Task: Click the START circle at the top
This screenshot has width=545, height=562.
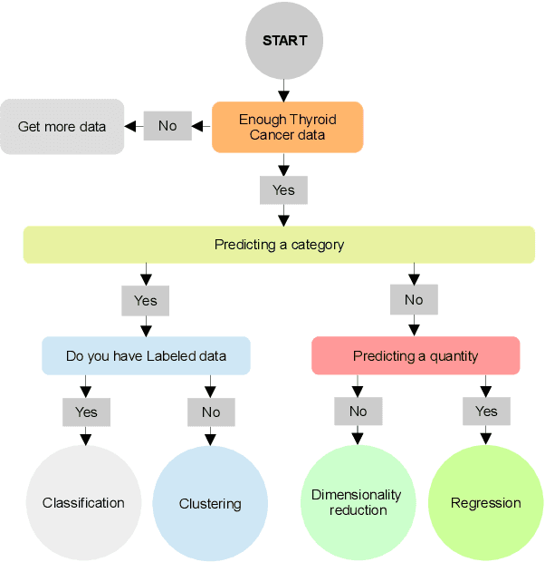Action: click(284, 41)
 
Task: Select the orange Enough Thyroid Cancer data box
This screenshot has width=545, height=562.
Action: click(287, 127)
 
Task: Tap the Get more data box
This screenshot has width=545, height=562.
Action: click(62, 127)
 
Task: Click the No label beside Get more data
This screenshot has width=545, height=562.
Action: click(167, 126)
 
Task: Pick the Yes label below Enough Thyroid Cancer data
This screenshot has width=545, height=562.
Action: click(283, 190)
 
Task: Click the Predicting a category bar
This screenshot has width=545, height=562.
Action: click(279, 245)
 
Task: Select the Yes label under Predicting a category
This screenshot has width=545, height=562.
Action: click(145, 300)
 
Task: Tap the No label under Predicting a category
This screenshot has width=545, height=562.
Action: click(414, 300)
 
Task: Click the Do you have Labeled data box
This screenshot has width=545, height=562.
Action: click(146, 356)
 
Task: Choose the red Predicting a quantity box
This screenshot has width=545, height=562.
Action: click(416, 356)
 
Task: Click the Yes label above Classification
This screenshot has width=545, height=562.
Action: click(86, 412)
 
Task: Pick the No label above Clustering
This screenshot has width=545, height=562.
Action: click(211, 412)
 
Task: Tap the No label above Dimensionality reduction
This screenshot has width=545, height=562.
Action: click(358, 411)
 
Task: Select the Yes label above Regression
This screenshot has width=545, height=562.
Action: click(486, 411)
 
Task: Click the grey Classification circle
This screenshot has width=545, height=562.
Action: click(83, 503)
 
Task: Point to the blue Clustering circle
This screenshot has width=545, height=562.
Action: click(210, 503)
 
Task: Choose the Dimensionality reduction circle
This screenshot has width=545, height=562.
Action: click(358, 503)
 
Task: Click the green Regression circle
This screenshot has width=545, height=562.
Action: click(485, 503)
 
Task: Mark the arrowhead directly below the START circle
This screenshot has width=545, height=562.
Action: click(283, 94)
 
